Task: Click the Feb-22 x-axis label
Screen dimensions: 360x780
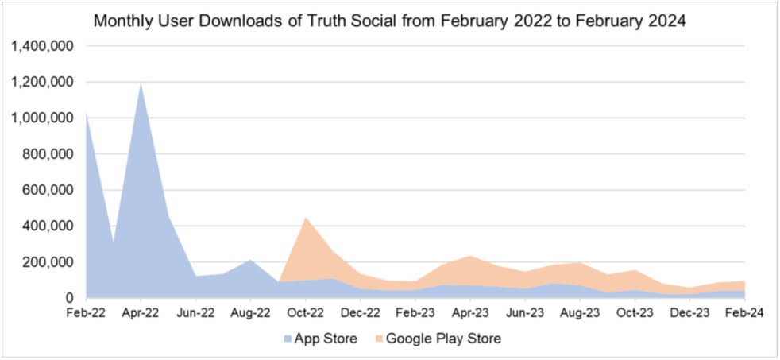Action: pyautogui.click(x=85, y=314)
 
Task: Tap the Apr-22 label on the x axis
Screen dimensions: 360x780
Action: pyautogui.click(x=141, y=314)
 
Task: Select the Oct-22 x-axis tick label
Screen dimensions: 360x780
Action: pyautogui.click(x=306, y=314)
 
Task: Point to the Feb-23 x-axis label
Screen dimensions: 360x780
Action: pyautogui.click(x=415, y=314)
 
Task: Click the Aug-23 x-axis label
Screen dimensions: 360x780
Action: pyautogui.click(x=581, y=314)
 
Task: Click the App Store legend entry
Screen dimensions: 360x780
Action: pyautogui.click(x=319, y=339)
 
